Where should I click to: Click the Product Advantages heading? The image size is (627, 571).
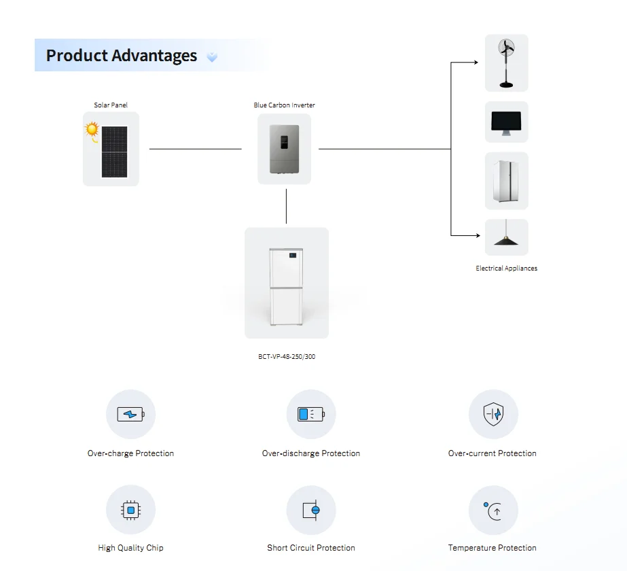click(121, 56)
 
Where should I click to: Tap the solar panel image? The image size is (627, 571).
click(114, 152)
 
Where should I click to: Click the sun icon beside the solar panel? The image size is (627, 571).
click(92, 130)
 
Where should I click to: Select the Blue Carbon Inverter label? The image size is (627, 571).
click(285, 105)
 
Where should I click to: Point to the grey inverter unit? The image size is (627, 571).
click(285, 149)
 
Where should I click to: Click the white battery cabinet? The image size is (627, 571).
click(286, 286)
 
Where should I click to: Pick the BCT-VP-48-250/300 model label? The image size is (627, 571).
click(287, 356)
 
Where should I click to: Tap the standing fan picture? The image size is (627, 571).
click(506, 63)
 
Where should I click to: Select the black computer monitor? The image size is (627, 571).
click(506, 123)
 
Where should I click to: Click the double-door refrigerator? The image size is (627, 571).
click(506, 181)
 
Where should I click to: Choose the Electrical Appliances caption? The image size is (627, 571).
click(506, 269)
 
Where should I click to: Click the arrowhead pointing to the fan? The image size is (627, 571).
click(476, 63)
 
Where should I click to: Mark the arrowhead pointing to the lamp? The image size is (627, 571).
click(478, 236)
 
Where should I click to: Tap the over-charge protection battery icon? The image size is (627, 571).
click(130, 414)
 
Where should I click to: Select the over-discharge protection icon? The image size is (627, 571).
click(311, 414)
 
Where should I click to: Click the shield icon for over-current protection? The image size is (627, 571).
click(493, 414)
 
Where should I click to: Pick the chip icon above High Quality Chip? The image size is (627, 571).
click(130, 511)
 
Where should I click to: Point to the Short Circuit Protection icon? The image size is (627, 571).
click(311, 511)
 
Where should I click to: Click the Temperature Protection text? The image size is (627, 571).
click(492, 548)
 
